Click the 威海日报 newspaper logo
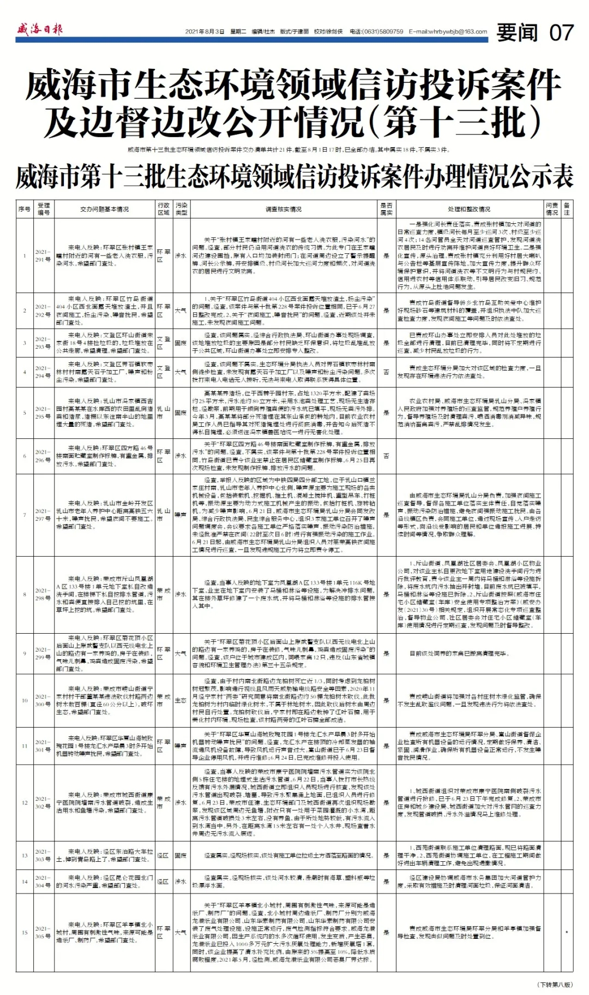click(x=39, y=29)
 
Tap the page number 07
click(x=561, y=33)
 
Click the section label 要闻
click(x=516, y=33)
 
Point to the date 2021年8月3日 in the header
click(x=205, y=32)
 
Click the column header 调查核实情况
click(x=283, y=209)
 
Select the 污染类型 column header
click(x=181, y=209)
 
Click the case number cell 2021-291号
click(x=43, y=255)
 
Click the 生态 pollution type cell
click(x=181, y=700)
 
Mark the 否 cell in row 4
click(x=386, y=372)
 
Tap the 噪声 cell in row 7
click(x=181, y=515)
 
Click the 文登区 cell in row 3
click(x=163, y=343)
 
